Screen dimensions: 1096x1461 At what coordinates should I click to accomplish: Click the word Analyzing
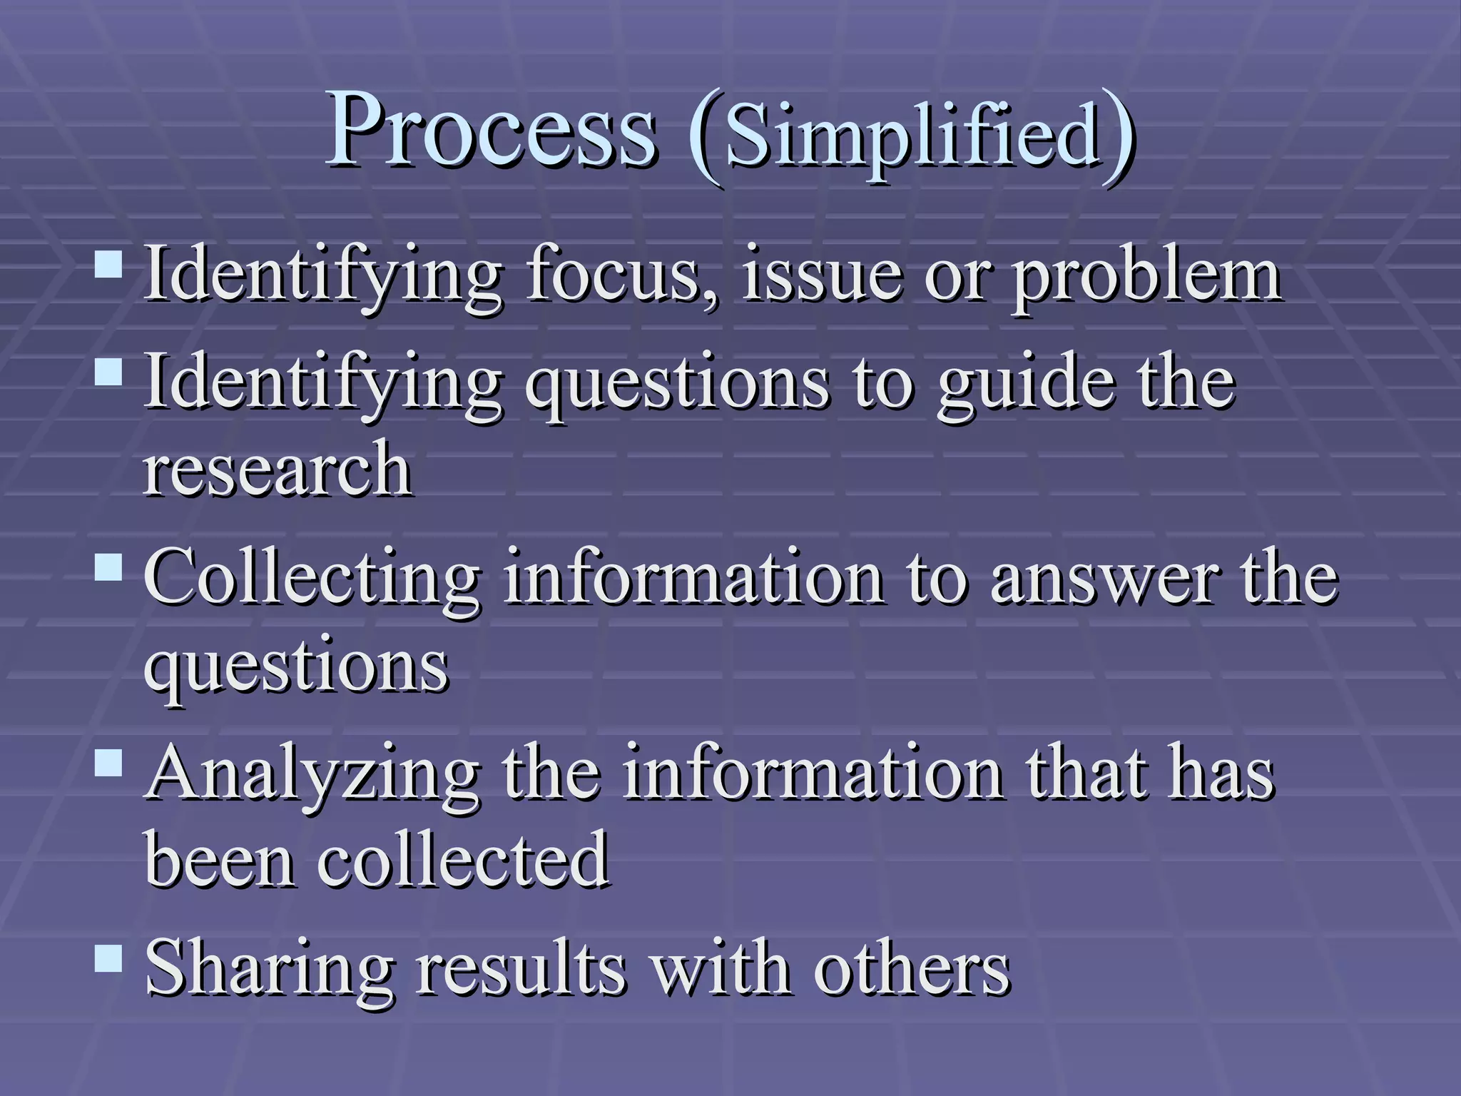312,776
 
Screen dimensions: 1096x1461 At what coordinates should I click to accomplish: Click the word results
521,969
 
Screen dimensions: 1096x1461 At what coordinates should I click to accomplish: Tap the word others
912,969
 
